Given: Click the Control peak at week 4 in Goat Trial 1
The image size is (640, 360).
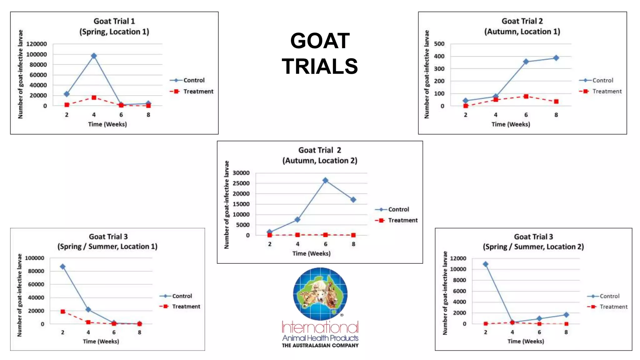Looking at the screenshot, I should [x=94, y=56].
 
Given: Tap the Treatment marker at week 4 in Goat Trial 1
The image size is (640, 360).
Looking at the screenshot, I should [x=94, y=98].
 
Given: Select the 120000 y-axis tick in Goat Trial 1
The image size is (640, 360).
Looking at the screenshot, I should [x=37, y=44].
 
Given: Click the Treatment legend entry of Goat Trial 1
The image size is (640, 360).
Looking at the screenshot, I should [x=192, y=92].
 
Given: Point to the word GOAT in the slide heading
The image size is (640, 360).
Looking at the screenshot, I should [x=320, y=41].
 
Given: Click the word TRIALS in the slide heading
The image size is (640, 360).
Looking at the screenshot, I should [x=320, y=66].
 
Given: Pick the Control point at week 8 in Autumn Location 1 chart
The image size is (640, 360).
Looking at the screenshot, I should [x=556, y=58].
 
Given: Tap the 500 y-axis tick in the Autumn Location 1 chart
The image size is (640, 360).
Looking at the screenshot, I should [x=439, y=44].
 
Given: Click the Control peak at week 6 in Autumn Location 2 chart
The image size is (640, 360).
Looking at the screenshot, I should [x=325, y=180].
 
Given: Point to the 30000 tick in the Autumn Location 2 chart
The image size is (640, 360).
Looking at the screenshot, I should [x=241, y=173].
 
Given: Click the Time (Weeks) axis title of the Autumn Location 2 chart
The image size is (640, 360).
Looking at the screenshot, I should [x=311, y=253].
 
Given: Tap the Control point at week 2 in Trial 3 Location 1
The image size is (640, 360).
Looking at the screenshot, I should [x=63, y=267].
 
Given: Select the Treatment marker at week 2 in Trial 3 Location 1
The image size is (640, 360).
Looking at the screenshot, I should [x=63, y=312].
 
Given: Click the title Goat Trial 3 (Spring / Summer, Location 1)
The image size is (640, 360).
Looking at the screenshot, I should [x=107, y=242].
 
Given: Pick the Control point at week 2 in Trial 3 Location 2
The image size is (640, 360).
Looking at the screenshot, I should [x=486, y=264].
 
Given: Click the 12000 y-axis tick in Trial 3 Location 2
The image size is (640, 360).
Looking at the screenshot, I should [x=458, y=258].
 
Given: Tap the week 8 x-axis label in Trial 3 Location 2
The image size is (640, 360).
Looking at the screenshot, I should [x=566, y=332].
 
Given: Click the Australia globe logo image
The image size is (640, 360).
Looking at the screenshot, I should [x=320, y=294].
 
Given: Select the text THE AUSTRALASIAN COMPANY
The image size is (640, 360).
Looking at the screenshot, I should [x=320, y=345].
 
